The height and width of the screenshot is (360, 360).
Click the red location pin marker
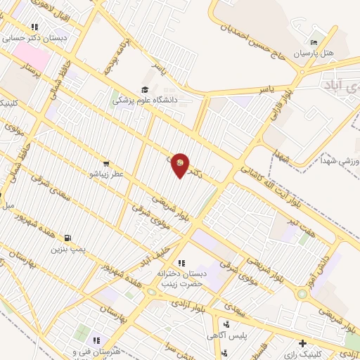coord(180,165)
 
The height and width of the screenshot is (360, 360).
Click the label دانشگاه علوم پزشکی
coord(146,101)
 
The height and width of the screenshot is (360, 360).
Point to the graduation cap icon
coord(146,89)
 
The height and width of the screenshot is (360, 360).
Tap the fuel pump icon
coord(68,237)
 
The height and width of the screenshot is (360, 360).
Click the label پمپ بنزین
coord(69,248)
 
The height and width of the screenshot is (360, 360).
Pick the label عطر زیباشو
coord(105,173)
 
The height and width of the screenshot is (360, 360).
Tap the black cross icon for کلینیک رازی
coord(303,344)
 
